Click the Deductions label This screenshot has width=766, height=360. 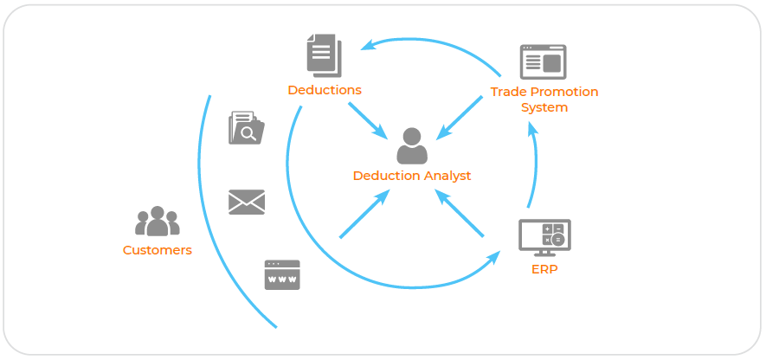(x=325, y=90)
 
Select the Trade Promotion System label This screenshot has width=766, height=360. (x=544, y=100)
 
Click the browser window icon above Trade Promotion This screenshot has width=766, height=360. (x=543, y=62)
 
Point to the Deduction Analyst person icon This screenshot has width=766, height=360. (x=412, y=146)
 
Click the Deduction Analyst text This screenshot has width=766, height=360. (x=412, y=176)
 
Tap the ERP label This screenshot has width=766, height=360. (x=544, y=269)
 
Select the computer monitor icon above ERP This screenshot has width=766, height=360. (x=544, y=236)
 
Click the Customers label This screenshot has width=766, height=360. (x=158, y=250)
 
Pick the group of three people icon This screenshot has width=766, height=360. (x=158, y=222)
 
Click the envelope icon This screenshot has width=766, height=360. (x=247, y=202)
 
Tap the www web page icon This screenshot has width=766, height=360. (x=282, y=275)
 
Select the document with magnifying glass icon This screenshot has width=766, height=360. (x=246, y=129)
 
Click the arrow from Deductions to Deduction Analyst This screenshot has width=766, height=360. (x=368, y=119)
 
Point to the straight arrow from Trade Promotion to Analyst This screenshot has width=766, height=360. (x=460, y=117)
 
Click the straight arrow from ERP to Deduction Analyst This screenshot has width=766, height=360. (x=460, y=215)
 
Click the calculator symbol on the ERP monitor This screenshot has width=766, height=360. (x=553, y=234)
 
